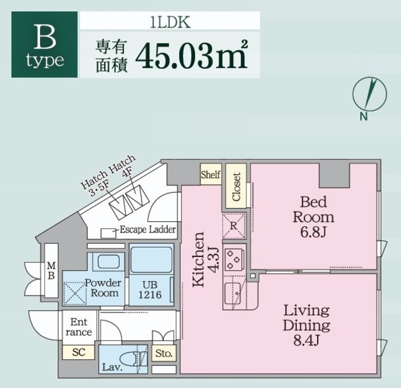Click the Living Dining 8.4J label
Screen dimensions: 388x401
point(306,325)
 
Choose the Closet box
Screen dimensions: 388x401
point(236,186)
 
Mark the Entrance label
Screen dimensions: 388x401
point(79,327)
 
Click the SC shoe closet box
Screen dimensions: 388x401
point(78,352)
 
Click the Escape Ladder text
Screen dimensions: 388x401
point(147,229)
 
